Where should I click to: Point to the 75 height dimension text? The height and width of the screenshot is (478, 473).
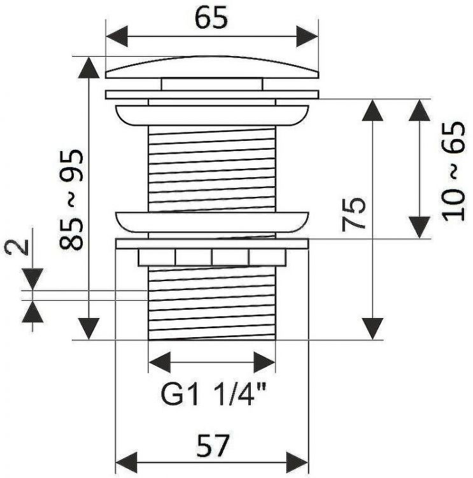pos(353,215)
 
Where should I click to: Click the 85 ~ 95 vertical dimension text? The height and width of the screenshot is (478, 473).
pos(71,199)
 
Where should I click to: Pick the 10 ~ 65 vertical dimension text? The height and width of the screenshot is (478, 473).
pos(454,171)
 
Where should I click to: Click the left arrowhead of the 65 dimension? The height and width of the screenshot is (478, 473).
pos(116,36)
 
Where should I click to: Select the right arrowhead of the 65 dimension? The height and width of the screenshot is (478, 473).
pos(307,36)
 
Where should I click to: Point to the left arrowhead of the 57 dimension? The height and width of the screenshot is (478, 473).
pos(127,463)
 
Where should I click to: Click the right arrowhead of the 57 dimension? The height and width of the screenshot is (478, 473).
pos(297,463)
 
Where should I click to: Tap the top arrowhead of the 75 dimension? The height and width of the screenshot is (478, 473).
pos(372,110)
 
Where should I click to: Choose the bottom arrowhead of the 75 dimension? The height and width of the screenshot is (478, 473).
pos(372,329)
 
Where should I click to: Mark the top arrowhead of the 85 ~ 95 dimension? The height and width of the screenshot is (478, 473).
pos(88,68)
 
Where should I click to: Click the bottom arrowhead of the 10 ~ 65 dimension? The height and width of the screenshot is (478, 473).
pos(420,228)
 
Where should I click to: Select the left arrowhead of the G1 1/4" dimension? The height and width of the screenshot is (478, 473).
pos(160,362)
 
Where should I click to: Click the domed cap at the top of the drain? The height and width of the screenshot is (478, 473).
pos(212,67)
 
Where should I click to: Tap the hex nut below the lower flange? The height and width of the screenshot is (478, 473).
pos(212,258)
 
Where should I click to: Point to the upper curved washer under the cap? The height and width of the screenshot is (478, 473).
pos(212,115)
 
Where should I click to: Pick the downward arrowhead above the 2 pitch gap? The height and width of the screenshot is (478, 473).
pos(32,279)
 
